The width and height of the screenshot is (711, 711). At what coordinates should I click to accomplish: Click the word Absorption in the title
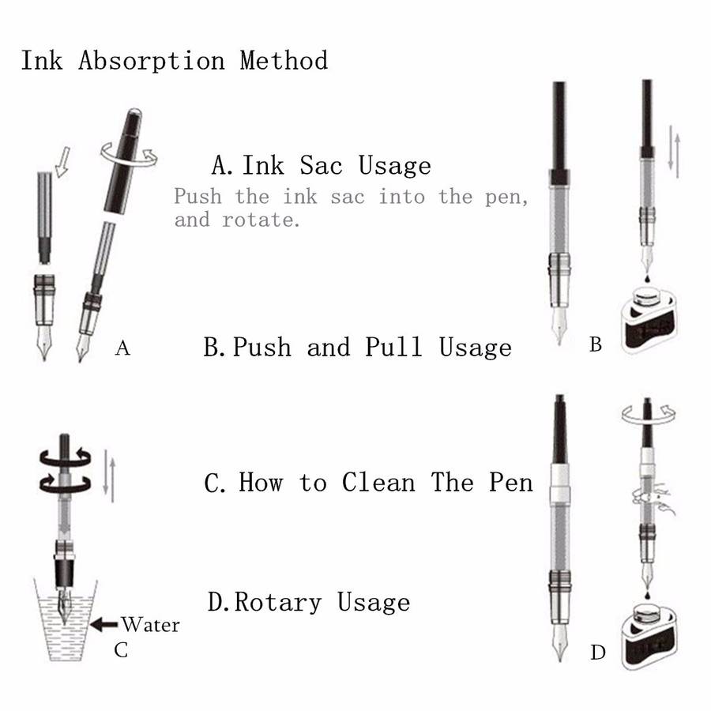(x=152, y=61)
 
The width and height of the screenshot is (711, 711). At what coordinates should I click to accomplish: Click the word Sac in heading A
(x=321, y=165)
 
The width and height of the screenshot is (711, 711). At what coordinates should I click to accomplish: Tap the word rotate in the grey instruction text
(x=261, y=220)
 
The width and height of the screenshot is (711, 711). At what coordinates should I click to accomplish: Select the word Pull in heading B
(x=393, y=347)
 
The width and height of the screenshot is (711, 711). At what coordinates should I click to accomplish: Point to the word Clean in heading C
(x=378, y=482)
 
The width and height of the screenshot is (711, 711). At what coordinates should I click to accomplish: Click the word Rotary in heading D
(x=278, y=603)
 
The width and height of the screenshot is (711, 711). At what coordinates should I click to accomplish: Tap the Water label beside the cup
(x=151, y=625)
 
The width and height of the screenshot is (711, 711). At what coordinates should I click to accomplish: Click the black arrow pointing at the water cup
(x=104, y=624)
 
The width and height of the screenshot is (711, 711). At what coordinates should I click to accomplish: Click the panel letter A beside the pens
(x=122, y=348)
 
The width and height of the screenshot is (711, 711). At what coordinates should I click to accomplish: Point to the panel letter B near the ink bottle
(x=596, y=344)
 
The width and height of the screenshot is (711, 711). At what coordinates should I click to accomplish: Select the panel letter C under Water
(x=121, y=650)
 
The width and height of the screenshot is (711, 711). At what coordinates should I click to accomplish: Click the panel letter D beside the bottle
(x=598, y=653)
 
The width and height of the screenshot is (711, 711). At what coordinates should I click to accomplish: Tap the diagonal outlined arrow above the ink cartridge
(x=62, y=161)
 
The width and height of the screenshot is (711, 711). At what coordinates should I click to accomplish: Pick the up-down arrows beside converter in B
(x=675, y=152)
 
